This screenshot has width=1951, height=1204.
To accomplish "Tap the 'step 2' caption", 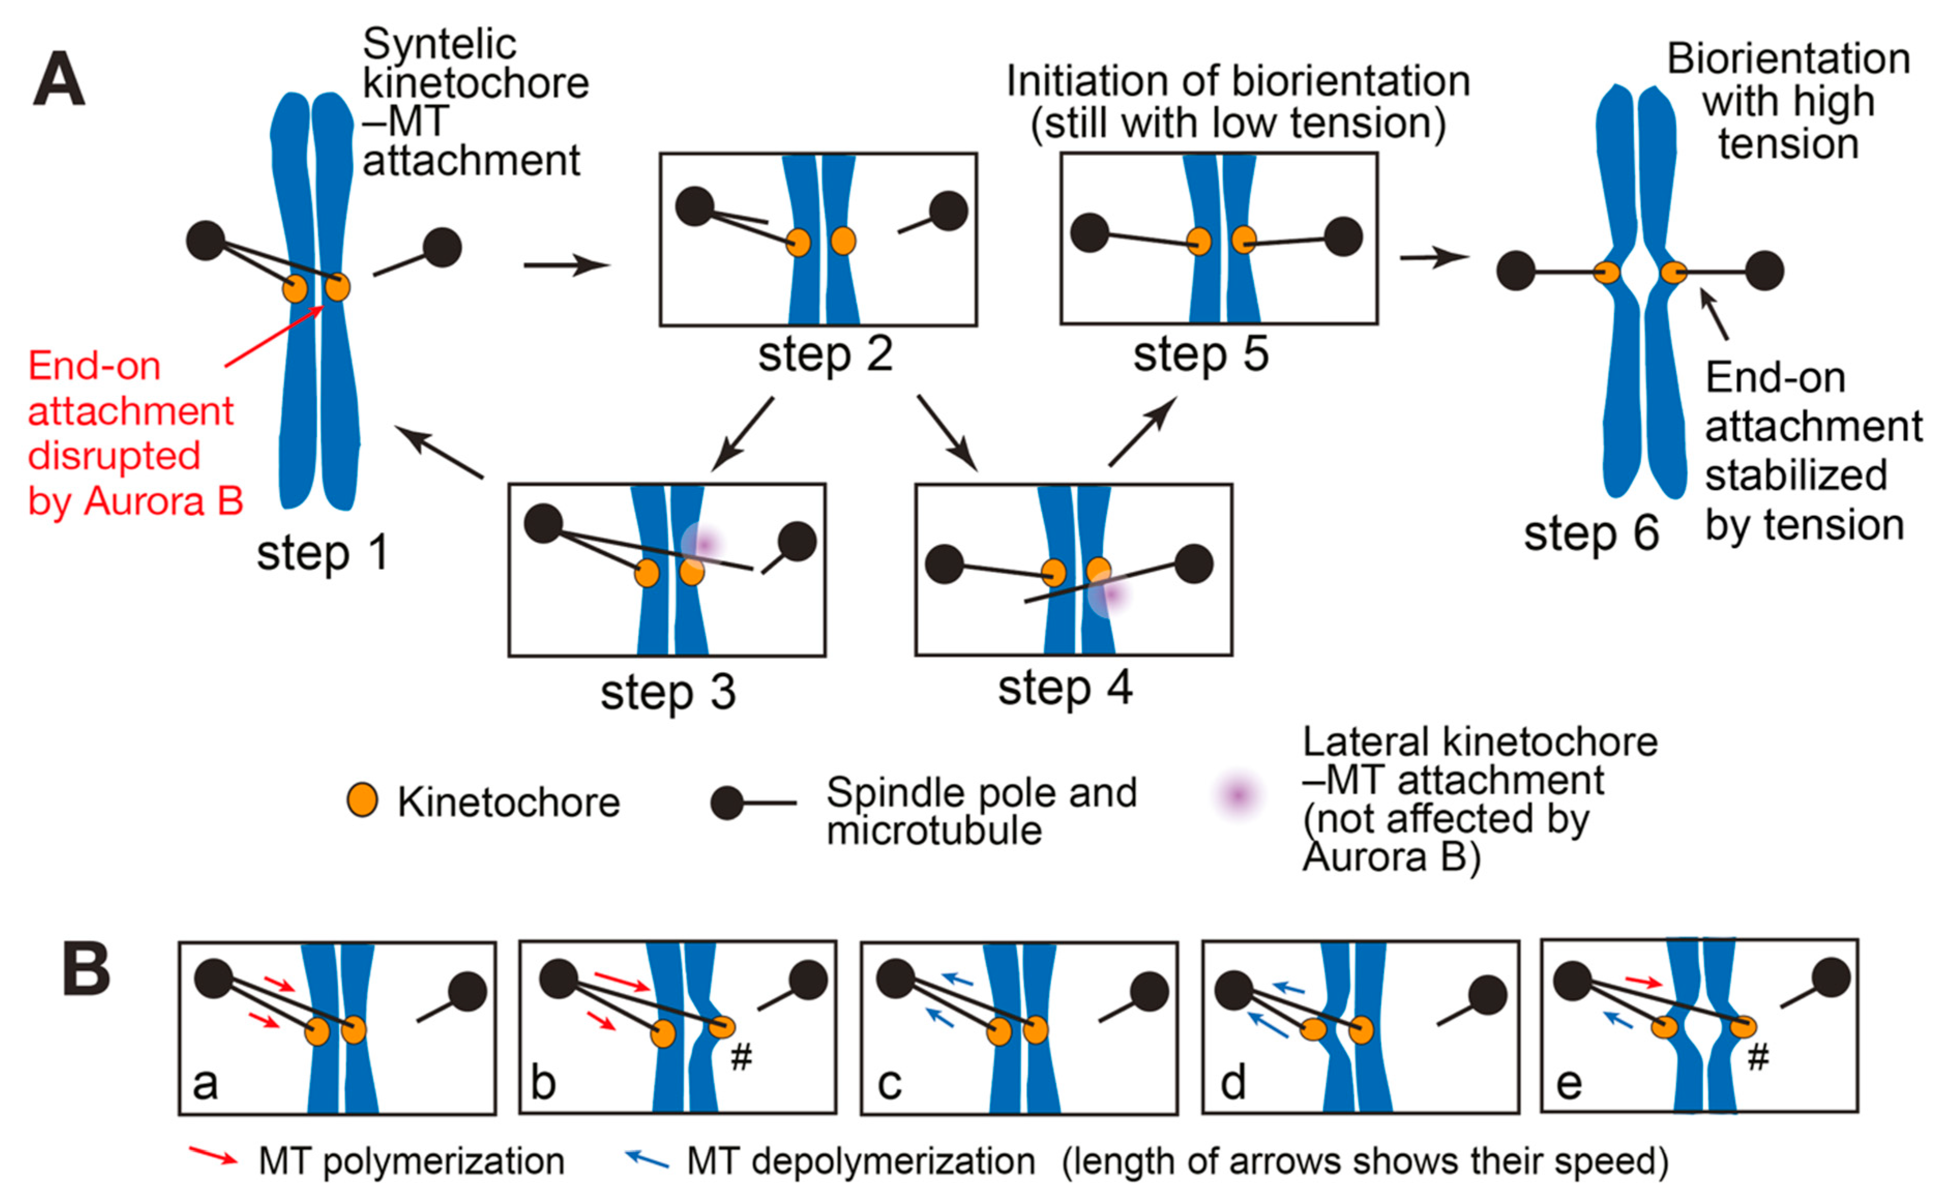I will (824, 354).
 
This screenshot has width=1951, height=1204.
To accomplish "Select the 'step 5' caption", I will (1200, 354).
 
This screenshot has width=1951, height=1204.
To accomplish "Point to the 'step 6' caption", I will (1590, 533).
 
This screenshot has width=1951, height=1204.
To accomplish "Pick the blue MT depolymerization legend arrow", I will (646, 1157).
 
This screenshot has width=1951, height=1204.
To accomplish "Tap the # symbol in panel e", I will (1757, 1058).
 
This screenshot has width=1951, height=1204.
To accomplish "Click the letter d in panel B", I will (1233, 1083).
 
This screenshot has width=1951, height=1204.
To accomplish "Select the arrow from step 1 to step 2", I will (566, 265).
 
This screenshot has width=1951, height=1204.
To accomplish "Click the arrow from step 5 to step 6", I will (1433, 257).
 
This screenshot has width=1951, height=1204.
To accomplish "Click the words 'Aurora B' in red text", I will (163, 502).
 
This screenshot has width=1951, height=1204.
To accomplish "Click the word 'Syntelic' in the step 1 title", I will (439, 44).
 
